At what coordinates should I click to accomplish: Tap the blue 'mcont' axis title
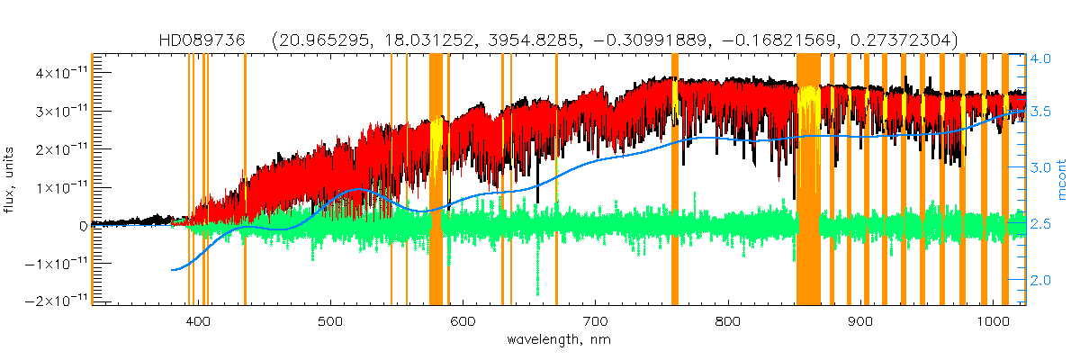point(1062,180)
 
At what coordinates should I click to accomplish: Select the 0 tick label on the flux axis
point(82,225)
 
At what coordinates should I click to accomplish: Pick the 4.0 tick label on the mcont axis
point(1042,58)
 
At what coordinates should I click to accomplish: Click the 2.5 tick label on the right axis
point(1042,224)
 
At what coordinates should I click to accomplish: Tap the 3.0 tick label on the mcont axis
point(1042,168)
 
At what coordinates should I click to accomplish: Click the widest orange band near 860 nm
point(808,180)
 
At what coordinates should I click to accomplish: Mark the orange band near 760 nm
point(675,180)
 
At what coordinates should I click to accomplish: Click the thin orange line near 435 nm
point(245,180)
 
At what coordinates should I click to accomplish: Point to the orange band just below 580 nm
point(436,180)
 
